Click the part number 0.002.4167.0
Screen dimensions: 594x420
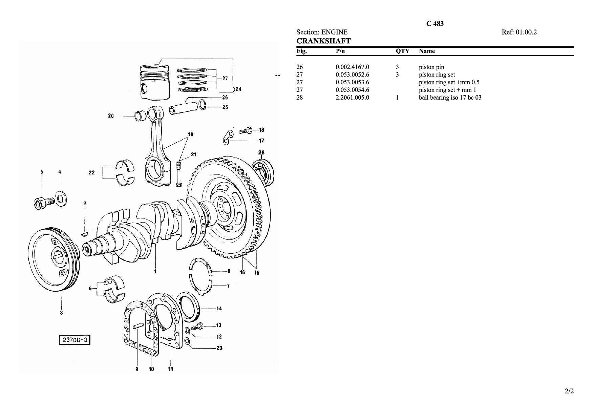pyautogui.click(x=352, y=67)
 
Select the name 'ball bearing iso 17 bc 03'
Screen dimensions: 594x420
pyautogui.click(x=450, y=98)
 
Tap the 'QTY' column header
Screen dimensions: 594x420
pyautogui.click(x=403, y=51)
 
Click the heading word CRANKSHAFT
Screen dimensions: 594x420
pyautogui.click(x=323, y=41)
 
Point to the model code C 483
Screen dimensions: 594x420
pyautogui.click(x=435, y=24)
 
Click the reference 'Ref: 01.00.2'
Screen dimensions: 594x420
pyautogui.click(x=519, y=32)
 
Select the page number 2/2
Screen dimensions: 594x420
pyautogui.click(x=569, y=392)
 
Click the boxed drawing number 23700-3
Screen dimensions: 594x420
pyautogui.click(x=75, y=340)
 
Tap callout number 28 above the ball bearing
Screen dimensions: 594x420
pyautogui.click(x=261, y=152)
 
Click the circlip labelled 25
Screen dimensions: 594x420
pyautogui.click(x=203, y=105)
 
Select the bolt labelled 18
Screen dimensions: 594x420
pyautogui.click(x=246, y=130)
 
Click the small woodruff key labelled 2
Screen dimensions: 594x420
pyautogui.click(x=85, y=234)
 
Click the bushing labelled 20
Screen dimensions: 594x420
pyautogui.click(x=141, y=116)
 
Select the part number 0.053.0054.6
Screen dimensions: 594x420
pyautogui.click(x=352, y=90)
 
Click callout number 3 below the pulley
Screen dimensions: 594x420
pyautogui.click(x=61, y=313)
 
